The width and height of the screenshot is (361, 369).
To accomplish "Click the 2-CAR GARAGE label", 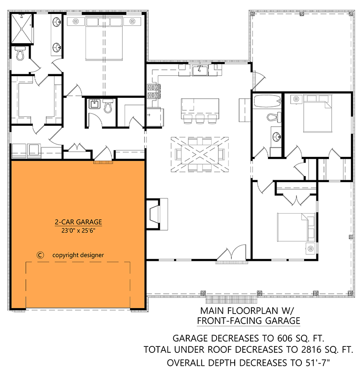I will click(x=78, y=222).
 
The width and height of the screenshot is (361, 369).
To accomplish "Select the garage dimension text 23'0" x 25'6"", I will click(x=78, y=230).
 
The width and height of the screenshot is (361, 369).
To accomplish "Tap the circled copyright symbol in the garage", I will click(x=40, y=255).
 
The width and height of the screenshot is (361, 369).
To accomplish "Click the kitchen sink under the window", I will click(x=199, y=70).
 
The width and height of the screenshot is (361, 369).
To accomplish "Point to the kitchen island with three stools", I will click(x=199, y=108).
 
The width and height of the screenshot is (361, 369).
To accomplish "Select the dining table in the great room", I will click(x=199, y=154).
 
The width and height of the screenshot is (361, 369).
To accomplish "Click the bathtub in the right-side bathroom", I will click(x=267, y=100).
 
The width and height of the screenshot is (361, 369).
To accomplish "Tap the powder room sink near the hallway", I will click(x=95, y=105).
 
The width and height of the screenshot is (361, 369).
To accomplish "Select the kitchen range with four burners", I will click(x=151, y=91).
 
